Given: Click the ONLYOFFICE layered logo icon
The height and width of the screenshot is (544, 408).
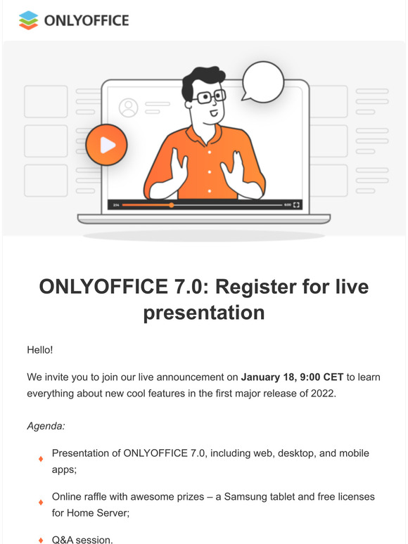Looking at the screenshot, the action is click(28, 20).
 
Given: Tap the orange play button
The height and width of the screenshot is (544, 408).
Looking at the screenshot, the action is click(107, 145).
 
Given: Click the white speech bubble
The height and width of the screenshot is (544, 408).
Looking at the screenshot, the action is click(263, 82).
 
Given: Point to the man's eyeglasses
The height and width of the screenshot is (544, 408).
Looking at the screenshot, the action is click(209, 96).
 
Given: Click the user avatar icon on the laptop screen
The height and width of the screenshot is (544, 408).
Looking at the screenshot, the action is click(129, 108).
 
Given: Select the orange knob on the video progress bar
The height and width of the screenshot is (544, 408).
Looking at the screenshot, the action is click(172, 205).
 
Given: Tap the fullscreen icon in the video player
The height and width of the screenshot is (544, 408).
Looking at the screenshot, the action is click(296, 205).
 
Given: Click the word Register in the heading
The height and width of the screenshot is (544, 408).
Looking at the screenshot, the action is click(255, 287).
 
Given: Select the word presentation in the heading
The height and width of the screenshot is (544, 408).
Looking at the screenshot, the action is click(204, 313).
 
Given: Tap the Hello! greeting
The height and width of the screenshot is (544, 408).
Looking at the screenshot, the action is click(40, 350).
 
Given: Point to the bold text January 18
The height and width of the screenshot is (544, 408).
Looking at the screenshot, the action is click(269, 377).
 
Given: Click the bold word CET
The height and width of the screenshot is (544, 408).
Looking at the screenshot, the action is click(333, 377).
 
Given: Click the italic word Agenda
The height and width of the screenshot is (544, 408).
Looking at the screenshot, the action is click(46, 426).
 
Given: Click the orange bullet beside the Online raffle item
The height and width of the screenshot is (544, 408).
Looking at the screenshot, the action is click(41, 503).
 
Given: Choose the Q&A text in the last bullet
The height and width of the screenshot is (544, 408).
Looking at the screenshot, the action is click(62, 540).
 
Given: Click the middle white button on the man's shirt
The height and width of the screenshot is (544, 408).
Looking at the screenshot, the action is click(210, 171).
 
